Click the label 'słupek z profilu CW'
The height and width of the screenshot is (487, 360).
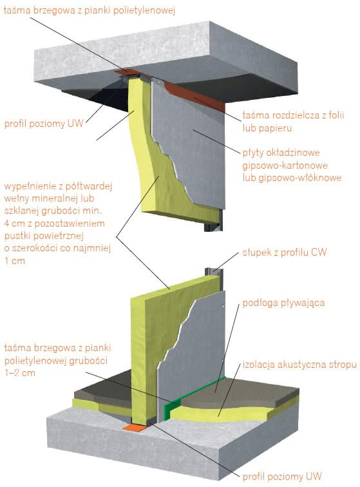[x=284, y=253]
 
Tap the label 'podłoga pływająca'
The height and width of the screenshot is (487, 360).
[x=283, y=303]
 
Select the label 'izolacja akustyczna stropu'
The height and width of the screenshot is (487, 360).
[x=299, y=365]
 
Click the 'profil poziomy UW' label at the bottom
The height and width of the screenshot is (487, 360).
[x=281, y=477]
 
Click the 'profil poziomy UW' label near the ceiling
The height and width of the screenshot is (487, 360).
[x=44, y=124]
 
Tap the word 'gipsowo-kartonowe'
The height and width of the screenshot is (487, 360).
[x=285, y=166]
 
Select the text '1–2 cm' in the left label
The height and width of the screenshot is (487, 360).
[x=19, y=373]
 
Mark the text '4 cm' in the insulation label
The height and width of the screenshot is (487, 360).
[x=14, y=224]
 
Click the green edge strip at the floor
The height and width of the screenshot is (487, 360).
[x=192, y=392]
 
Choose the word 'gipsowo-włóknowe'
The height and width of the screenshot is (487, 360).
[x=292, y=178]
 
